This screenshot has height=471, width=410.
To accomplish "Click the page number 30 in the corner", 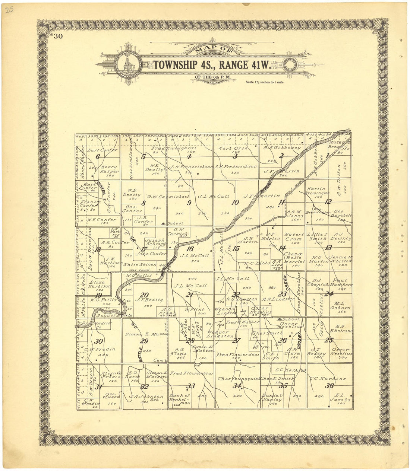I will (x=58, y=36).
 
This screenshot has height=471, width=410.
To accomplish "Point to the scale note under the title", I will (x=264, y=82).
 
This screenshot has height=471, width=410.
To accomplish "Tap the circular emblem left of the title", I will (x=128, y=64).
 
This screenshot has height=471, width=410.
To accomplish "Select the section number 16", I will (x=190, y=249).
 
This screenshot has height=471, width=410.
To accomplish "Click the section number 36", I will (x=329, y=386).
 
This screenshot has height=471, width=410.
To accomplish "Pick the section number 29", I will (x=144, y=341).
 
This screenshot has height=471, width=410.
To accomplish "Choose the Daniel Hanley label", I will (x=272, y=397).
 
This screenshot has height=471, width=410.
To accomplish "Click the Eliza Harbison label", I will (x=99, y=284).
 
